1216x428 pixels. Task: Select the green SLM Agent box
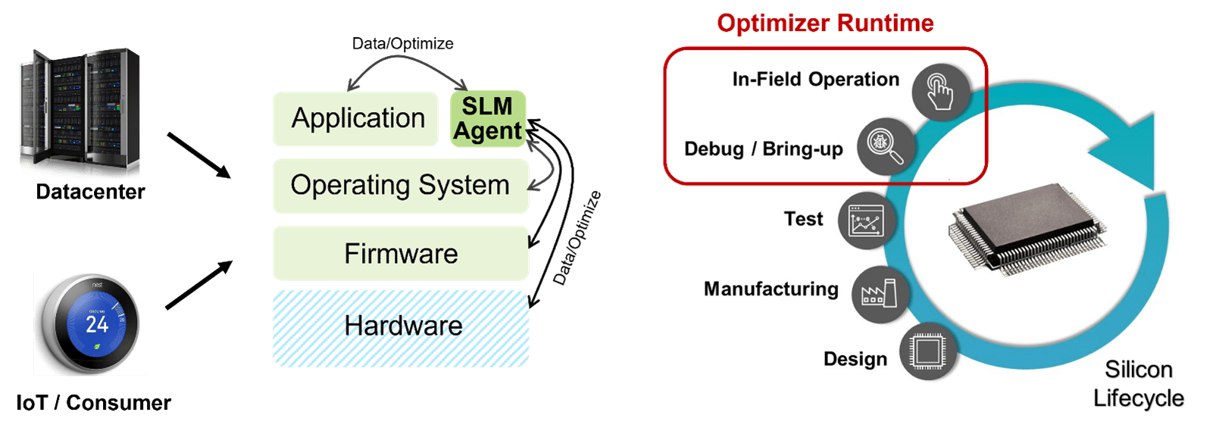pyautogui.click(x=488, y=119)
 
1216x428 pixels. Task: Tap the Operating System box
pyautogui.click(x=400, y=186)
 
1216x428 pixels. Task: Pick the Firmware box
pyautogui.click(x=400, y=253)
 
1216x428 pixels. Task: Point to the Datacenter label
pyautogui.click(x=90, y=192)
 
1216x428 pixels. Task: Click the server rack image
pyautogui.click(x=80, y=112)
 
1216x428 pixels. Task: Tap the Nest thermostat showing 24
pyautogui.click(x=90, y=323)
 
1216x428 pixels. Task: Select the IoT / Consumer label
pyautogui.click(x=93, y=402)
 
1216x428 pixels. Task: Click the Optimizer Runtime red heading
pyautogui.click(x=825, y=23)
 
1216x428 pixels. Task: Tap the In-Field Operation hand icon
pyautogui.click(x=940, y=92)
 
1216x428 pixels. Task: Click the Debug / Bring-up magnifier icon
pyautogui.click(x=885, y=146)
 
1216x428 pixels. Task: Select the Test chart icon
pyautogui.click(x=866, y=222)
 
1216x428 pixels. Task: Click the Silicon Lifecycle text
pyautogui.click(x=1138, y=384)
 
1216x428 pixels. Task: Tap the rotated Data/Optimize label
pyautogui.click(x=577, y=238)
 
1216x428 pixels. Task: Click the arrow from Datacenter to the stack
pyautogui.click(x=198, y=155)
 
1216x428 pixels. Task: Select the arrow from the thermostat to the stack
pyautogui.click(x=198, y=285)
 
